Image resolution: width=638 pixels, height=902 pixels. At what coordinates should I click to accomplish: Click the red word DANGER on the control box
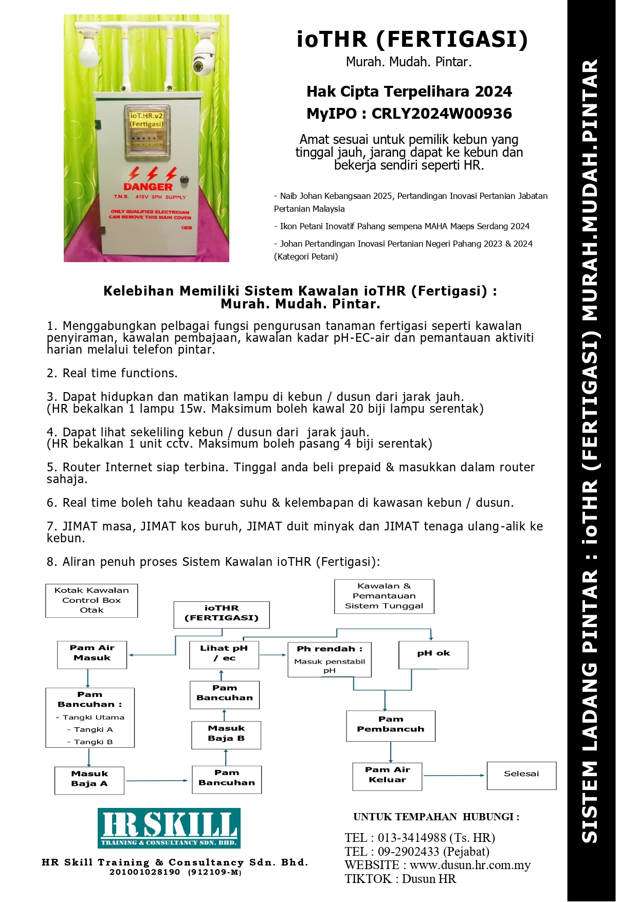point(148,187)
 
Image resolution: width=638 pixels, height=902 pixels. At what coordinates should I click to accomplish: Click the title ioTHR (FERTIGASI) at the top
point(412,40)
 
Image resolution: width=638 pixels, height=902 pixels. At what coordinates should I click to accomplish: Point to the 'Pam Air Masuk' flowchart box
point(92,654)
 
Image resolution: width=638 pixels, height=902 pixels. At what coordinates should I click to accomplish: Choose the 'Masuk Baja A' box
point(89,780)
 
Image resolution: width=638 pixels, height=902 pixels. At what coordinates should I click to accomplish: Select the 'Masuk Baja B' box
point(226,734)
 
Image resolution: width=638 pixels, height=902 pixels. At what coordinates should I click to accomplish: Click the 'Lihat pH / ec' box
point(224,654)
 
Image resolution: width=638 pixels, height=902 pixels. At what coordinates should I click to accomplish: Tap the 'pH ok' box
point(433,654)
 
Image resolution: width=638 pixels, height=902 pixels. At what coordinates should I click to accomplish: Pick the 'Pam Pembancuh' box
point(391,725)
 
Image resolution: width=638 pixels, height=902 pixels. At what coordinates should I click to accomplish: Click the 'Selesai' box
point(521,775)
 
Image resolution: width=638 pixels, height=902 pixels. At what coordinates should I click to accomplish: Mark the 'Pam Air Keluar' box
point(387,776)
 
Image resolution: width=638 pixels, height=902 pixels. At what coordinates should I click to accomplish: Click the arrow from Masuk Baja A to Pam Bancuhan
point(157,781)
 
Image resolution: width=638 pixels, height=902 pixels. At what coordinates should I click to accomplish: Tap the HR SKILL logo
point(169,828)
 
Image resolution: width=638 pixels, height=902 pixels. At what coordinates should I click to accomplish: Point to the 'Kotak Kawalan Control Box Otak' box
point(92,600)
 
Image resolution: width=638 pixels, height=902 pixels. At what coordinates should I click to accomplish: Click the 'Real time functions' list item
point(120,373)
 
